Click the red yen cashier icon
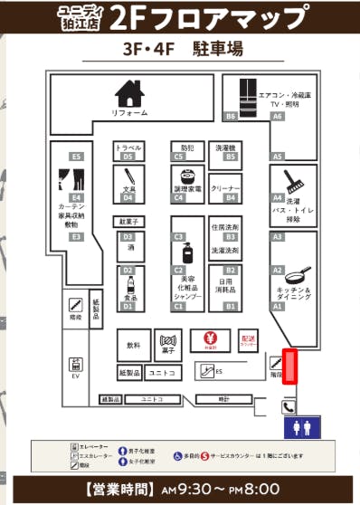point(208,339)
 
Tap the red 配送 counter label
point(249,339)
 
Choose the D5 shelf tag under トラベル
point(128,157)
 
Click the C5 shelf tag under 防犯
point(178,157)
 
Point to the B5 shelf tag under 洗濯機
point(230,157)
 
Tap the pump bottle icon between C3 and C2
point(186,252)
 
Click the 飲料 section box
point(134,345)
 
